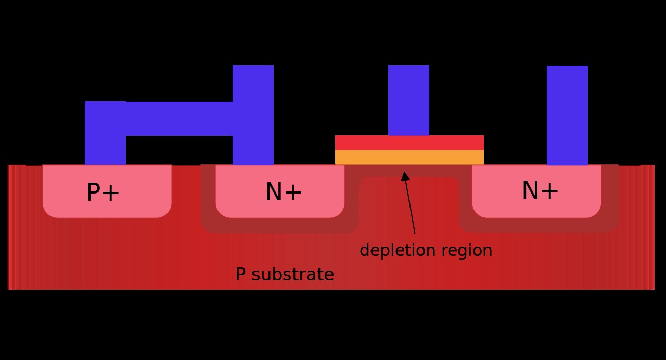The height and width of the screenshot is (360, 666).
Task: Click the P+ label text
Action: click(x=103, y=193)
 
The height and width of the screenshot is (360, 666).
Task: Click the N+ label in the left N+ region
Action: click(x=284, y=192)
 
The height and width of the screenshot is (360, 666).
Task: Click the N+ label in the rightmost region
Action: click(x=540, y=191)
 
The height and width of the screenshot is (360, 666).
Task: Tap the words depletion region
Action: click(x=426, y=251)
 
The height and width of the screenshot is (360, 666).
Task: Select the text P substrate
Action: click(x=285, y=275)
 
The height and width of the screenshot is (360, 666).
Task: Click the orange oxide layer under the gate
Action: click(x=409, y=158)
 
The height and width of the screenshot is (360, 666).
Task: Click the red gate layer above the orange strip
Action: click(x=409, y=143)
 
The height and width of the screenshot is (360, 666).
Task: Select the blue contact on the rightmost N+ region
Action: click(x=567, y=115)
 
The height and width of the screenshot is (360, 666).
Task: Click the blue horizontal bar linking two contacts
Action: click(x=179, y=119)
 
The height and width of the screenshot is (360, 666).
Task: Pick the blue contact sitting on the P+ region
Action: click(x=105, y=146)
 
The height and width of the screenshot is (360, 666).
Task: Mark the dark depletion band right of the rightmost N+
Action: click(x=610, y=198)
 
